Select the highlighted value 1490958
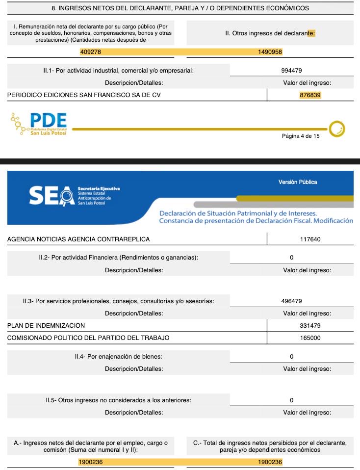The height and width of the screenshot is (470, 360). click(x=270, y=52)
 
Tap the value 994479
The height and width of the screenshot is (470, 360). click(x=291, y=71)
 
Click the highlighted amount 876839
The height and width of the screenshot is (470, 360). click(x=310, y=95)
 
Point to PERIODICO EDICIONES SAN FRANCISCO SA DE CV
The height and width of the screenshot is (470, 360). click(x=84, y=95)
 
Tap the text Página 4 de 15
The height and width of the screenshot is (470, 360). click(x=300, y=136)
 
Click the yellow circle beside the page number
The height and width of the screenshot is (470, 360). click(x=337, y=129)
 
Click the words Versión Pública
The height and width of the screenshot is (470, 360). click(x=298, y=182)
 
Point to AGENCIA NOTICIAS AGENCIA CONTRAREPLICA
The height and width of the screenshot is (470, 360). click(x=78, y=239)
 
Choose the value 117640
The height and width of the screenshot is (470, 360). click(x=310, y=239)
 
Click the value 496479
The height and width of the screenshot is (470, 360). click(x=291, y=301)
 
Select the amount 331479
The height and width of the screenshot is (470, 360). click(x=310, y=325)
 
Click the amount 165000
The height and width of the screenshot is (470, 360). click(x=310, y=338)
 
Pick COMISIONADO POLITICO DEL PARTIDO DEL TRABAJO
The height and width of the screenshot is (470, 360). click(x=88, y=338)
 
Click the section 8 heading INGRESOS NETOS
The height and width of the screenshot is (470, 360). click(x=180, y=8)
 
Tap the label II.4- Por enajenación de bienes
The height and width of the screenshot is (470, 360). click(x=118, y=356)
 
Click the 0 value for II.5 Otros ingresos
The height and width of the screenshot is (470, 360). click(x=291, y=400)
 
